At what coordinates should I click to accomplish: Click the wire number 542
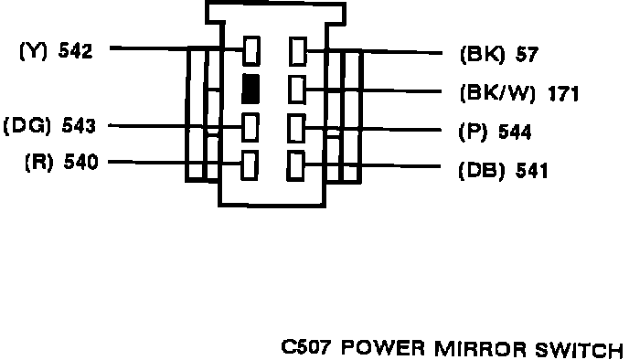tap(75, 51)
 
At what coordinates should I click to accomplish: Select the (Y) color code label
tap(33, 51)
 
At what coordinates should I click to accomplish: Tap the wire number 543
tap(79, 126)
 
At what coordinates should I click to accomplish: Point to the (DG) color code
tap(27, 126)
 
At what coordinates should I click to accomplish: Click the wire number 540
tap(80, 162)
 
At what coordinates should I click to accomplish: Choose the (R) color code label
tap(39, 162)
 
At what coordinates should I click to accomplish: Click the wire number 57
tap(527, 54)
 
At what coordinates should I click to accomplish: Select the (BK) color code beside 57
tap(482, 54)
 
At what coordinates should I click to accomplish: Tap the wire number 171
tap(563, 94)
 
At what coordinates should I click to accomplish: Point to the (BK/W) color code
tap(497, 93)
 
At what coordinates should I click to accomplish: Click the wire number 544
tap(515, 132)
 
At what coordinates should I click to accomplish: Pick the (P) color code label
tap(473, 132)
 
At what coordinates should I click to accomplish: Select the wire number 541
tap(531, 171)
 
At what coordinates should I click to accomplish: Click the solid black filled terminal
tap(251, 89)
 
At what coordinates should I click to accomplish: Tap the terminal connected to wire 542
tap(251, 50)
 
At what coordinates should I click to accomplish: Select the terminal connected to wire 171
tap(297, 90)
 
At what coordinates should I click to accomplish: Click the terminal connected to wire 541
tap(295, 166)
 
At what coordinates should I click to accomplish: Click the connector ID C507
tap(306, 347)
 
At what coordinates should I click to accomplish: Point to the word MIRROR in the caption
tap(480, 349)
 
